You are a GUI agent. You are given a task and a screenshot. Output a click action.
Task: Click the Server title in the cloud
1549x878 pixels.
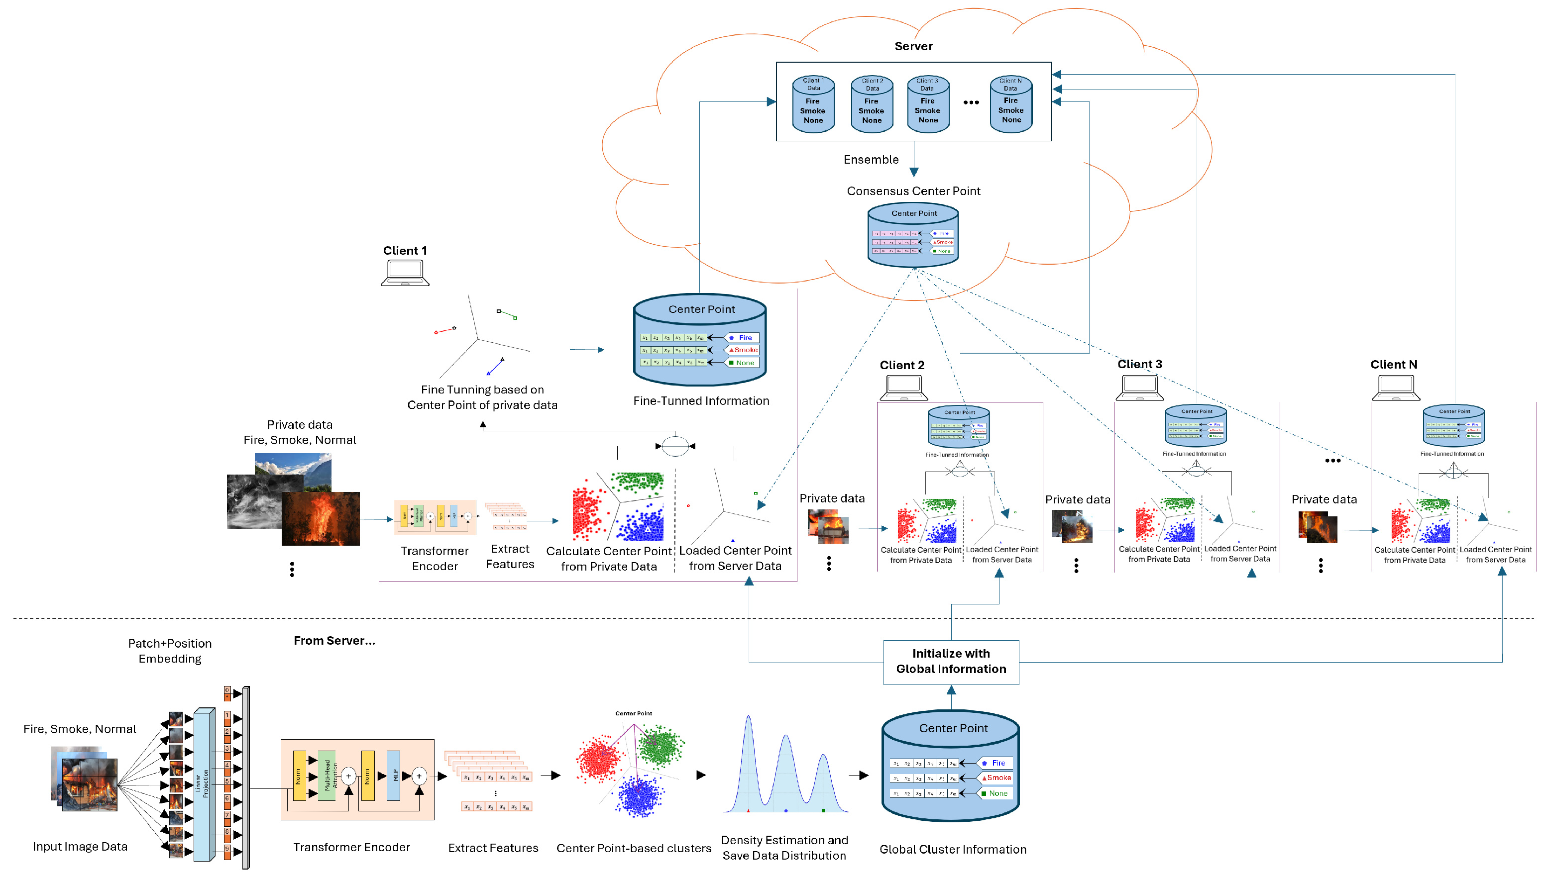point(913,46)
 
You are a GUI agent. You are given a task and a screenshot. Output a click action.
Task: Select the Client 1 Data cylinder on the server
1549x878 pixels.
point(813,104)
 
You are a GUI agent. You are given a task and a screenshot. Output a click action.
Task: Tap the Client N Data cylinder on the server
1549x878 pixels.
point(1011,104)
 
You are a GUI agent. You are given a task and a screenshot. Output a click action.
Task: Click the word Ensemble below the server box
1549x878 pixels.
point(871,160)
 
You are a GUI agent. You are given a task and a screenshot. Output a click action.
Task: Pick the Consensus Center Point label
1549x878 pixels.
point(913,191)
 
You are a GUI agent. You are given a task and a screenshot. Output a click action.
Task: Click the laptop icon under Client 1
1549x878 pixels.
point(405,273)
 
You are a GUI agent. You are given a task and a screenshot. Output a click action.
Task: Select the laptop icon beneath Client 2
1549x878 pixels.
point(903,388)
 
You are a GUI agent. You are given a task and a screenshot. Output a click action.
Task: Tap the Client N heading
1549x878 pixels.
point(1393,365)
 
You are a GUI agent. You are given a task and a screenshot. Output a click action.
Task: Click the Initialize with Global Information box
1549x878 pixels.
point(951,662)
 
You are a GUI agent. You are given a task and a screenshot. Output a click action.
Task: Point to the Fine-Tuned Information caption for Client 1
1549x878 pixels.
point(701,401)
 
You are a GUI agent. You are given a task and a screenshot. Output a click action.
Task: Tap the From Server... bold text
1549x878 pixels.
point(334,641)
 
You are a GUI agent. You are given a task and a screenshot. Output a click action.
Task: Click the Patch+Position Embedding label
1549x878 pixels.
point(170,651)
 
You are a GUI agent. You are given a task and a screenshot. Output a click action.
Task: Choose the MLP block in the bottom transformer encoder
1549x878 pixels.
point(393,776)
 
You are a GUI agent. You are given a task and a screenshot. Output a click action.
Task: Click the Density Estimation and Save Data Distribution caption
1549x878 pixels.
point(784,848)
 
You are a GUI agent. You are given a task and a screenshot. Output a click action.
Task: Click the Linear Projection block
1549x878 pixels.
point(204,784)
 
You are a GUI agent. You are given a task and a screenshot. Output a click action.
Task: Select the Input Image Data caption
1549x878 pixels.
point(80,847)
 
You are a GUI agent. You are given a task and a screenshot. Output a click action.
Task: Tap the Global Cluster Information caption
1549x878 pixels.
point(952,850)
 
